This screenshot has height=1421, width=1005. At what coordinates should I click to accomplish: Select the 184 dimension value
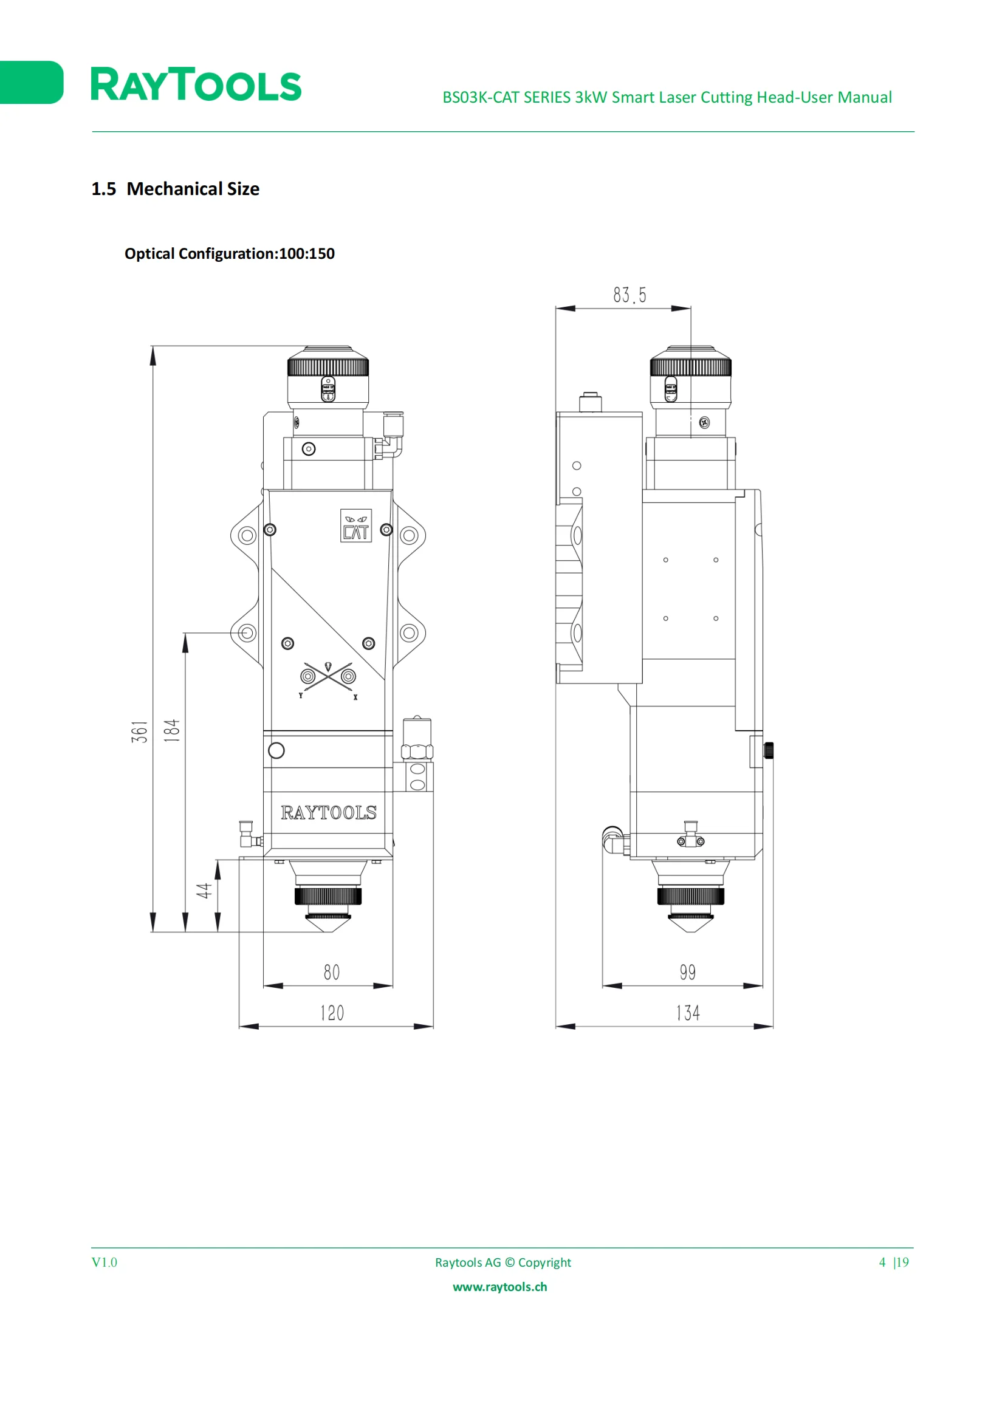coord(171,730)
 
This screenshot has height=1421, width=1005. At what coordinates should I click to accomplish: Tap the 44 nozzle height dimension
coord(204,891)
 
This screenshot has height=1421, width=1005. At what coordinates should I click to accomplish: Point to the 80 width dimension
coord(332,972)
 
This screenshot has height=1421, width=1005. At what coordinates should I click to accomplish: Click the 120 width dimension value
coord(332,1013)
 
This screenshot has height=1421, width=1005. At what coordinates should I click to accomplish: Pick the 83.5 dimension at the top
coord(630,295)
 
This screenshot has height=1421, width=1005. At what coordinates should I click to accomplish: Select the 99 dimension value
coord(688,972)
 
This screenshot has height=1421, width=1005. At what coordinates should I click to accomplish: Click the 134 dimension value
coord(688,1013)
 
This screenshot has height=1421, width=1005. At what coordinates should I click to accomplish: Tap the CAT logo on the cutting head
coord(356,526)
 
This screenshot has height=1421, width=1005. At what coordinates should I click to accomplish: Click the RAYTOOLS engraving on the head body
coord(329,813)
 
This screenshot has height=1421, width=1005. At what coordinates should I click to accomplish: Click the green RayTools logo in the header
coord(196,85)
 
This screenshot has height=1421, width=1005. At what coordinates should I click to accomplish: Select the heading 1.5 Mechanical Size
coord(175,189)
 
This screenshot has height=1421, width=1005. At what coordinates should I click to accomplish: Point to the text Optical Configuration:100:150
coord(230,254)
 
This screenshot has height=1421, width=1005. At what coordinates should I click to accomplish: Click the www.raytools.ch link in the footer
coord(500,1287)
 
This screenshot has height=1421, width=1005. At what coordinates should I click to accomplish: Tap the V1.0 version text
coord(105,1262)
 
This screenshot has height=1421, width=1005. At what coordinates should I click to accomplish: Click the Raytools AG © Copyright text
coord(503,1262)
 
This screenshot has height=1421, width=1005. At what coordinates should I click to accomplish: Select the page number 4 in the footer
coord(882,1262)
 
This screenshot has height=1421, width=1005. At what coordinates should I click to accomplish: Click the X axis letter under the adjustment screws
coord(355,697)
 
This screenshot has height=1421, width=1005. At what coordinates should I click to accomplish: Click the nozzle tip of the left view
coord(328,931)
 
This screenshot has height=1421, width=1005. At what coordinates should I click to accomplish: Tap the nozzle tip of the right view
coord(691,931)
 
